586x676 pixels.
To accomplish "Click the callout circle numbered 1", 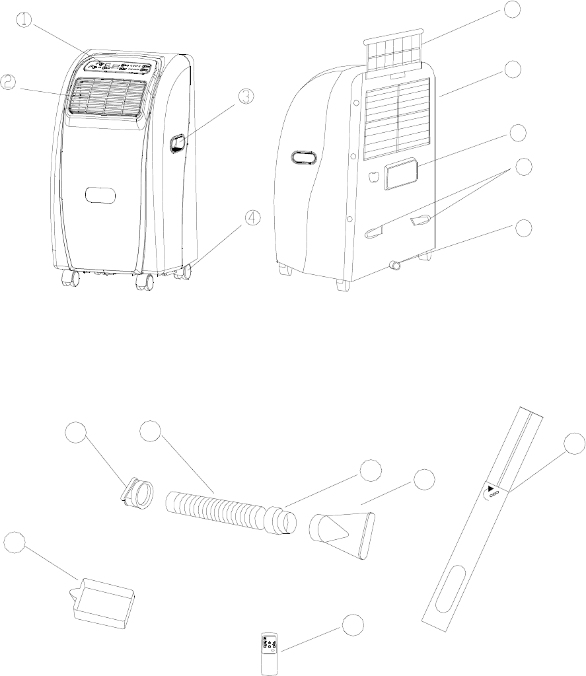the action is (24, 20).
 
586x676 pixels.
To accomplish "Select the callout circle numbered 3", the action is (245, 96).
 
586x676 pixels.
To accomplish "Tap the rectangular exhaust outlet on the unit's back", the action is (402, 173).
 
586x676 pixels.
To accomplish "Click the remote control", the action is (268, 654).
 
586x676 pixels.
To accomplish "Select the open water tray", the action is (105, 601).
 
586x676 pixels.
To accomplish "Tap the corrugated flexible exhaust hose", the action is (221, 510).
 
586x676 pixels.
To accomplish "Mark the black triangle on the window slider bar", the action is (491, 490).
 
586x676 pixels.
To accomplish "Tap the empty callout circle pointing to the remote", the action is (353, 624).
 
